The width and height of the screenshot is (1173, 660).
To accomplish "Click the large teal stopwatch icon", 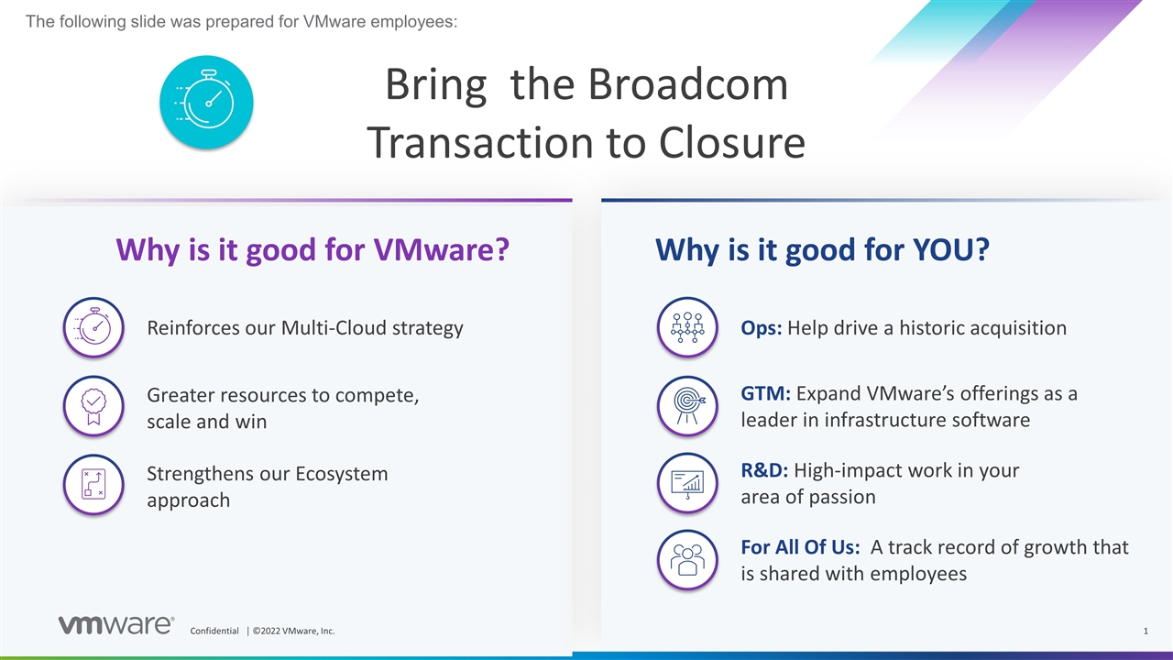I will click(x=206, y=102).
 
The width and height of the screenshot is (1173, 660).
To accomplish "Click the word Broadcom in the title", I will click(x=687, y=85).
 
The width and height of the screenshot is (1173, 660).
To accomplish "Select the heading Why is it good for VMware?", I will click(x=312, y=250).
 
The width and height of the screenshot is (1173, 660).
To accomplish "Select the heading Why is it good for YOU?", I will click(x=822, y=250).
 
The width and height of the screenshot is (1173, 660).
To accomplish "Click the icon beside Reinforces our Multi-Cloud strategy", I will click(x=93, y=327).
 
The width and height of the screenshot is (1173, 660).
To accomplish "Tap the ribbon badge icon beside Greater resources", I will click(x=93, y=406).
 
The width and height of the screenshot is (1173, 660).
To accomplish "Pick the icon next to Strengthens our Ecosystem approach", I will click(x=93, y=484).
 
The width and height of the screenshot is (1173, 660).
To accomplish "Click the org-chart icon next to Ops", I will click(x=687, y=327).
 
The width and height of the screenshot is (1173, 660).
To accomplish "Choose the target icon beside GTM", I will click(x=687, y=406).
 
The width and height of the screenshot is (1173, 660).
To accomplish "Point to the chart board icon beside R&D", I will click(x=687, y=483).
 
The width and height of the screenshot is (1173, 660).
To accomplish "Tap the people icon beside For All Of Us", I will click(x=687, y=559).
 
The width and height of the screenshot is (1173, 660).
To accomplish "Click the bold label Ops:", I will click(x=761, y=328).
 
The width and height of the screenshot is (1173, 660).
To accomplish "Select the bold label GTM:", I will click(x=766, y=394).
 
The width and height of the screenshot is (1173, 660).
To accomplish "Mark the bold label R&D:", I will click(x=764, y=471).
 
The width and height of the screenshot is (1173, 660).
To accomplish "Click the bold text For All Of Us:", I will click(x=800, y=547).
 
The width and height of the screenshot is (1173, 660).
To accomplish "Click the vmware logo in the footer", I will click(x=115, y=625).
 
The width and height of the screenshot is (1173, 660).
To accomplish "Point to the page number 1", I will click(x=1146, y=631).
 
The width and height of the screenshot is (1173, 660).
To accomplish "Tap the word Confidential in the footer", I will click(x=214, y=631).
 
